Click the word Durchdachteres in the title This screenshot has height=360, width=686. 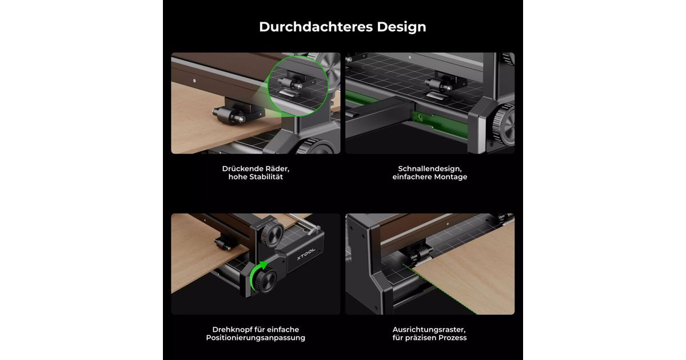click(316, 27)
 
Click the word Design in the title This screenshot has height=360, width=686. click(401, 27)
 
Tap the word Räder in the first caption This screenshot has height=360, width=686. click(277, 169)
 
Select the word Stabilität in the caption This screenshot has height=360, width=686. click(266, 177)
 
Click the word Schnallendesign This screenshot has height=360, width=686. click(430, 169)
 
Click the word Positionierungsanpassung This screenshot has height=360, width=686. click(256, 338)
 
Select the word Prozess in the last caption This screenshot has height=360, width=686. click(452, 338)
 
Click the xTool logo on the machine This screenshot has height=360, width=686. click(306, 254)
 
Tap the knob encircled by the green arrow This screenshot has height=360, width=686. click(266, 281)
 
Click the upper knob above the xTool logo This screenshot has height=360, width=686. click(272, 235)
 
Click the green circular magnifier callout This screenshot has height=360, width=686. click(298, 86)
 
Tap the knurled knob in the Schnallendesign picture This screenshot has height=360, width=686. click(504, 125)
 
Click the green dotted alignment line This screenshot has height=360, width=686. click(438, 289)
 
